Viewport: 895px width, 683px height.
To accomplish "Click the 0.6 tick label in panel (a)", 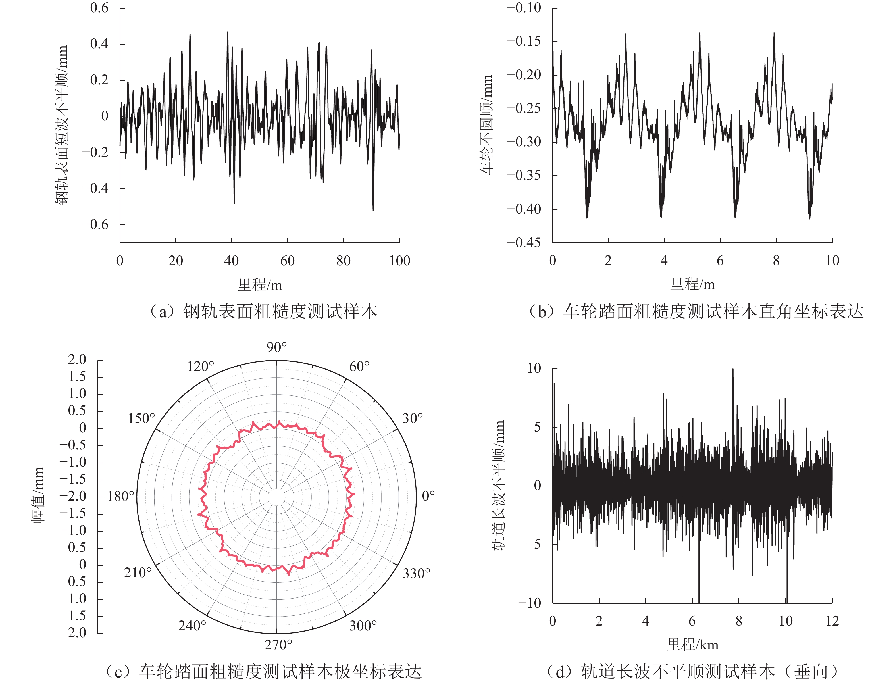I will point(99,8).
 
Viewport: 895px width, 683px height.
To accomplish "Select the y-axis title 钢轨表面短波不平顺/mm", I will point(62,125).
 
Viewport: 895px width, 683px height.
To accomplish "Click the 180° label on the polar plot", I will point(121,496).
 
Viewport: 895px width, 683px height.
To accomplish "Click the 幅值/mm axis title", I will point(38,495).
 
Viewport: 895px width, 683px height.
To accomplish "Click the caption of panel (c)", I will point(263,672).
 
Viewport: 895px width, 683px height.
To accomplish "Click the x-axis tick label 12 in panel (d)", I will point(832,621).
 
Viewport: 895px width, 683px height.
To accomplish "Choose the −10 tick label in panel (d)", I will point(529,603).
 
